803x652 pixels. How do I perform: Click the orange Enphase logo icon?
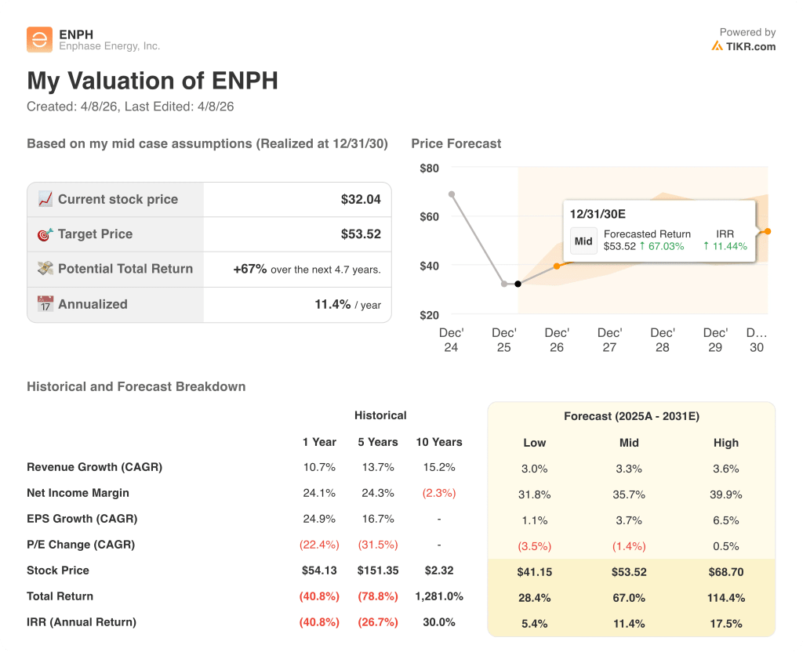pyautogui.click(x=39, y=40)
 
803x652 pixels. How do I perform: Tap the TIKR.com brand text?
pyautogui.click(x=750, y=46)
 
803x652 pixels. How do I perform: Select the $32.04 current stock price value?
pyautogui.click(x=361, y=200)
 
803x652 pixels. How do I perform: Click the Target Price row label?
pyautogui.click(x=95, y=234)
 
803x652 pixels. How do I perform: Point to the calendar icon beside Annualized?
pyautogui.click(x=45, y=304)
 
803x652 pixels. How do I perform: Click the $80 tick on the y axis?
pyautogui.click(x=429, y=168)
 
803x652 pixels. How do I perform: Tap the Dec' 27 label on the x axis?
pyautogui.click(x=609, y=339)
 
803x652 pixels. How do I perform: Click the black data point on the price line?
pyautogui.click(x=518, y=284)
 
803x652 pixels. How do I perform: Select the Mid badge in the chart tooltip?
pyautogui.click(x=583, y=241)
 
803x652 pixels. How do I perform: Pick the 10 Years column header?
pyautogui.click(x=439, y=442)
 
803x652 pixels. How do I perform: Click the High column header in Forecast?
pyautogui.click(x=725, y=443)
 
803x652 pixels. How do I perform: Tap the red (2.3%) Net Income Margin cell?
pyautogui.click(x=439, y=494)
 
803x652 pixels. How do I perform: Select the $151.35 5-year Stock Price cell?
pyautogui.click(x=378, y=570)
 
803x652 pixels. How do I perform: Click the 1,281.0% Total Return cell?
pyautogui.click(x=439, y=596)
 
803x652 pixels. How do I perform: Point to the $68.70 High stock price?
pyautogui.click(x=725, y=572)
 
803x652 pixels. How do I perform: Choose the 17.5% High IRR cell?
pyautogui.click(x=725, y=624)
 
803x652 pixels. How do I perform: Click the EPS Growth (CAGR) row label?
pyautogui.click(x=82, y=519)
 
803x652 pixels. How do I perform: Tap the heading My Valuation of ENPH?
pyautogui.click(x=152, y=81)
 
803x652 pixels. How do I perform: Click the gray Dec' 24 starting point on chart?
pyautogui.click(x=451, y=194)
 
